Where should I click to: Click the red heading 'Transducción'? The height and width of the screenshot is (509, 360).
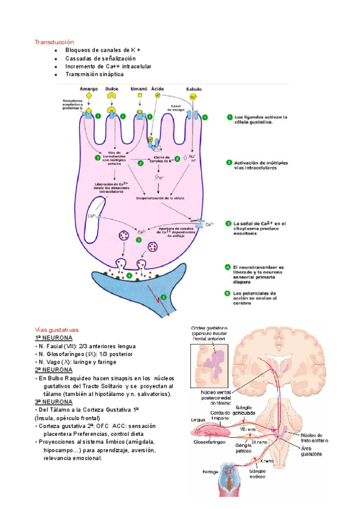pos(54,42)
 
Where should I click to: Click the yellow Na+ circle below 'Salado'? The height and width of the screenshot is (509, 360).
pos(193,96)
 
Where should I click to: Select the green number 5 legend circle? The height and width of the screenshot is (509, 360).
pos(227,293)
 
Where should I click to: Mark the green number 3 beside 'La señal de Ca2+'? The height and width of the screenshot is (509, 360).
pos(227,223)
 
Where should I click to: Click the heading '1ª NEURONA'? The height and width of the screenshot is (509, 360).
pos(53,338)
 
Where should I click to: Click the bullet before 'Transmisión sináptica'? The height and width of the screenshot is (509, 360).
pos(56,74)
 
